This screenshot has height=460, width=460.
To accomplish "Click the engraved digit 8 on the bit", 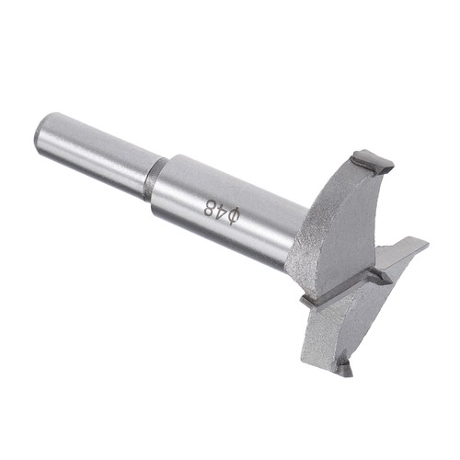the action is point(211,207).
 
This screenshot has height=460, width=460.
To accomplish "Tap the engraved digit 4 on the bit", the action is point(223,211).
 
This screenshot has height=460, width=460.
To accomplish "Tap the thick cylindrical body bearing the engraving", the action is point(227,212).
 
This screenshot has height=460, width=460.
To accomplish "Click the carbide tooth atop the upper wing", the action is point(372,162).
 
